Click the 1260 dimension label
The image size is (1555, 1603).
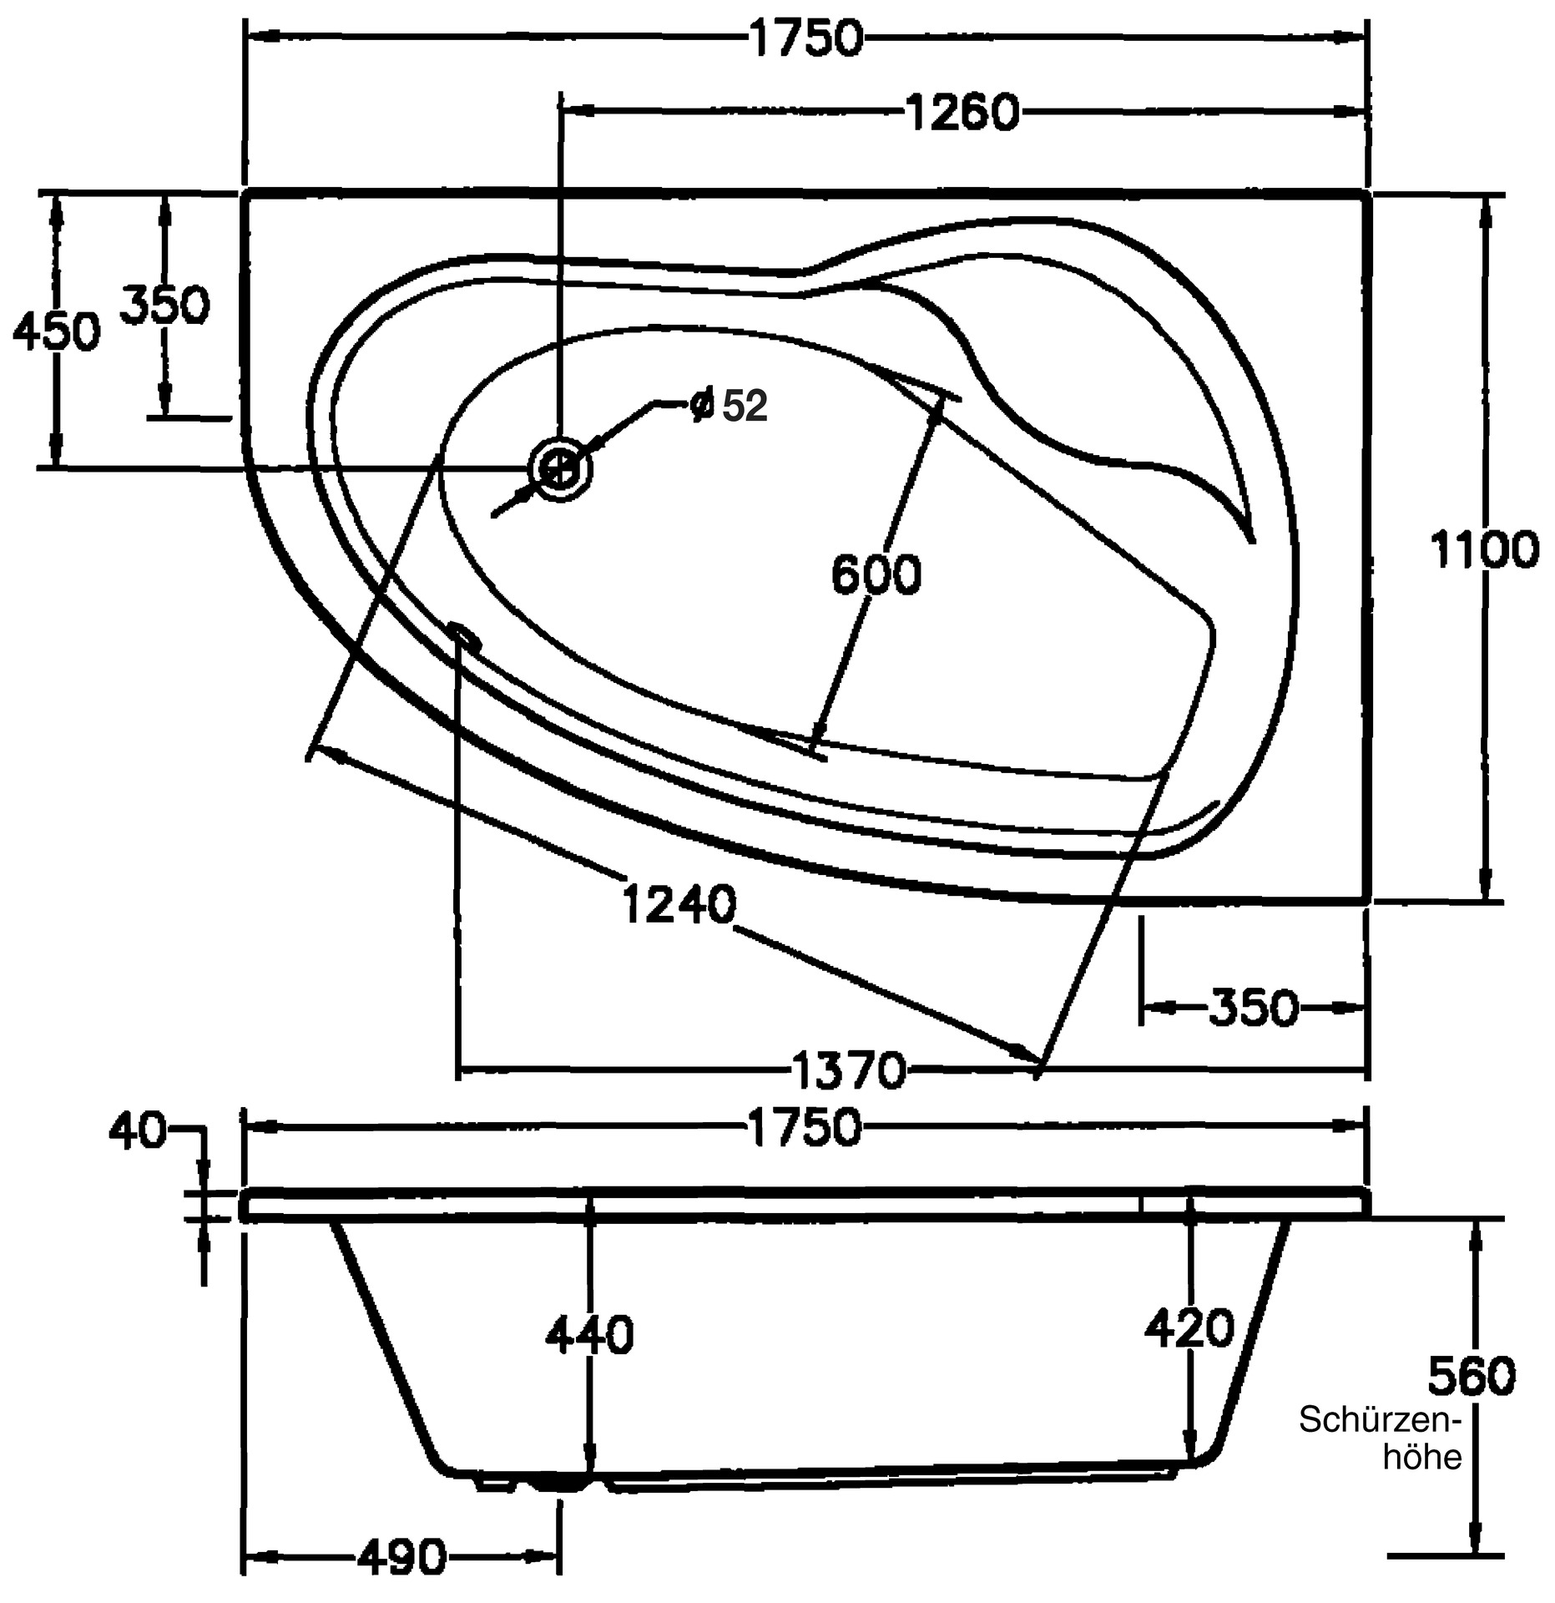[962, 113]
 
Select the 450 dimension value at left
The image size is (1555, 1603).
[56, 332]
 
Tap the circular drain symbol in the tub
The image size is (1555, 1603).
[560, 470]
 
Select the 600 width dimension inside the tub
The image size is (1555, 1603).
[876, 574]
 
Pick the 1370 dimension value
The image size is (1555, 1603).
[848, 1070]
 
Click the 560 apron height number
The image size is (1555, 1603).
[1471, 1376]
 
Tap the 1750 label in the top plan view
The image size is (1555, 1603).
[805, 38]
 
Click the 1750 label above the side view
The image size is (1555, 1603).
[805, 1126]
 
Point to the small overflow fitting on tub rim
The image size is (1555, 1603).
[464, 636]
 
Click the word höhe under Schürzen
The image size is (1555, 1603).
[1422, 1457]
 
